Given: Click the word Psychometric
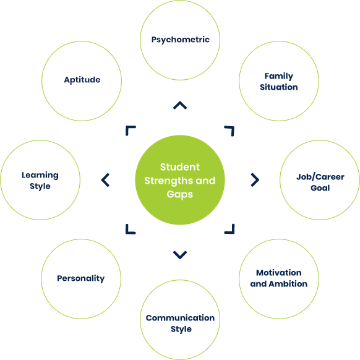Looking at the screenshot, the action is [x=180, y=40].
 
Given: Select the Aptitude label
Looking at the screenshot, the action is [x=82, y=80].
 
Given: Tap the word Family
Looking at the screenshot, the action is [x=279, y=76].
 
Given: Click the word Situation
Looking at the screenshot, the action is [x=279, y=87].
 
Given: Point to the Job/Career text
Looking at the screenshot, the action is [x=320, y=177].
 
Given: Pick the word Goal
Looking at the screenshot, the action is [x=320, y=188].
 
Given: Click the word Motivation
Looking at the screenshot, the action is [x=279, y=273].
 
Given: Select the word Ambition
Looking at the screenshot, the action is [x=288, y=284].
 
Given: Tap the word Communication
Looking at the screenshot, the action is [x=180, y=318].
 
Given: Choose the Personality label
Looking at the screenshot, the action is [x=81, y=278].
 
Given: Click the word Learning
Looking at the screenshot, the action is [x=40, y=175].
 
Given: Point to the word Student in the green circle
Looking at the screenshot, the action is [x=180, y=167].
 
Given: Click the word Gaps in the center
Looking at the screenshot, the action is [x=180, y=194].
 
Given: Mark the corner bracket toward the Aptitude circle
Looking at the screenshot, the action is [x=127, y=127].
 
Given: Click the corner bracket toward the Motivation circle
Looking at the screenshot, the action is [x=233, y=233].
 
